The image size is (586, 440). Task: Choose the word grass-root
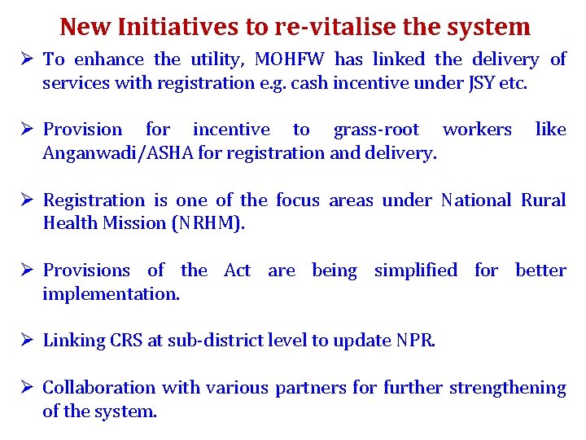[x=376, y=130]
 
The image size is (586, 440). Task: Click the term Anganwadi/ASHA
[x=103, y=152]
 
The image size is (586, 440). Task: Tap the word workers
[x=476, y=130]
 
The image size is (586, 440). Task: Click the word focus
[x=298, y=200]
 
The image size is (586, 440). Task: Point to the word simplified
[x=415, y=271]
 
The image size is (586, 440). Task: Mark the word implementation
[x=111, y=293]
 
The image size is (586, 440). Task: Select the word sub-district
[x=210, y=341]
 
